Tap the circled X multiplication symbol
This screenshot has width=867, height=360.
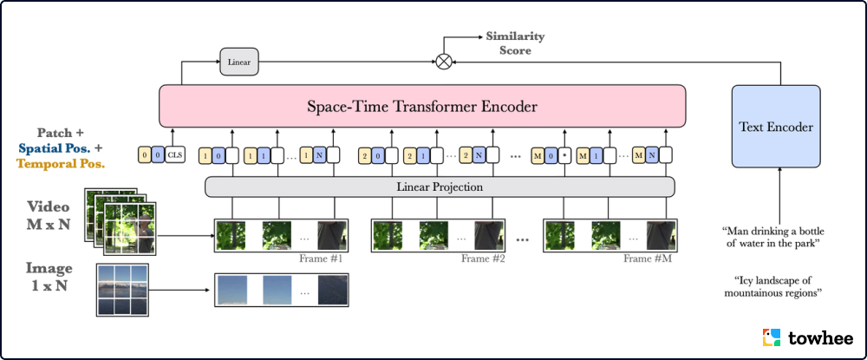444,62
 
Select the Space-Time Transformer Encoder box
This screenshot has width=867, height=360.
421,108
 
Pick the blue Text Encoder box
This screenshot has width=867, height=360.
776,128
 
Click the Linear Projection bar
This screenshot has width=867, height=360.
439,187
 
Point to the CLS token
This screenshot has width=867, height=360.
176,156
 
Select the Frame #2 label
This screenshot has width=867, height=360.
483,259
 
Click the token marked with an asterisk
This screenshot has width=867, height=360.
564,156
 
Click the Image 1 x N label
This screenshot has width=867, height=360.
49,276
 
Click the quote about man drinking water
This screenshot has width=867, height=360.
772,237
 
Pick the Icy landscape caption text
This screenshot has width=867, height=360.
772,287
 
